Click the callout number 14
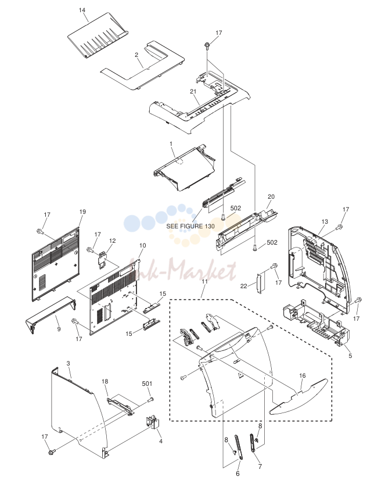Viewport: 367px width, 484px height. tap(82, 10)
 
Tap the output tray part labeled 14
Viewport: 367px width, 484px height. tap(98, 35)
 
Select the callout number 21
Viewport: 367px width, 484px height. tap(193, 91)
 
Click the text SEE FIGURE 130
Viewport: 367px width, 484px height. tap(190, 226)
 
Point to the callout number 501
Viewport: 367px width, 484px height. tap(147, 383)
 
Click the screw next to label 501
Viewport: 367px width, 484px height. tap(151, 400)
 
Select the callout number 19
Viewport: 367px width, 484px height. tap(82, 211)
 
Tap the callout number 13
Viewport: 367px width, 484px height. tap(325, 221)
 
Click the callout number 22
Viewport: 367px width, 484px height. tap(244, 286)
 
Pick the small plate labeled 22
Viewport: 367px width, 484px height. tap(259, 283)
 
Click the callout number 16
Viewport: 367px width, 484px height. tap(303, 375)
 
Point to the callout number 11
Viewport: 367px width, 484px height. tap(205, 281)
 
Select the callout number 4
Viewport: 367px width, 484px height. tap(161, 441)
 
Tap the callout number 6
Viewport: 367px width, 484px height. tap(238, 474)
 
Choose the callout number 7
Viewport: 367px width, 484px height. tap(260, 467)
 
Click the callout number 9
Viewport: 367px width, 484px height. tap(59, 329)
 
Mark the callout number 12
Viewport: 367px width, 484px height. tap(112, 241)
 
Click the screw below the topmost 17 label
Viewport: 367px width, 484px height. tap(206, 46)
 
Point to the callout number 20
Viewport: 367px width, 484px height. tap(271, 196)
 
